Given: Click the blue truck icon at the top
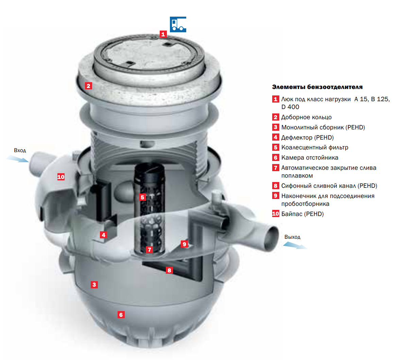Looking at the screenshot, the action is pos(178,24).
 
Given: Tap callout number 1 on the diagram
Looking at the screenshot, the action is pos(163,34).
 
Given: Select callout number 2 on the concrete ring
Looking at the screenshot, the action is pos(88,86).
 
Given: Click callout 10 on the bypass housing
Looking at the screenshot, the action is pos(61,177).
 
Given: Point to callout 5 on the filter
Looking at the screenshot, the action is pos(142,197).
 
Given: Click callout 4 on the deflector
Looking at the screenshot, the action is pos(103,235).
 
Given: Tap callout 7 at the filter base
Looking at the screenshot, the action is pos(149,249).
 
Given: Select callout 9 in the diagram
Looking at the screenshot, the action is pos(185,244).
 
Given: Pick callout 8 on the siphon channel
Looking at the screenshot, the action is pos(169,270).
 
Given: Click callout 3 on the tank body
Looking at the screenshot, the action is pos(94,285).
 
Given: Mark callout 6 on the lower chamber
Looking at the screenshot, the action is pos(121,314).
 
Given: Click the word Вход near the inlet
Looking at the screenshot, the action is pos(20,150).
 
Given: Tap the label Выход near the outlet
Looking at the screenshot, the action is pos(292,237).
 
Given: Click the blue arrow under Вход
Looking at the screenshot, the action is pos(17,159).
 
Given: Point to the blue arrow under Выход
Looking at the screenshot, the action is pos(295,246).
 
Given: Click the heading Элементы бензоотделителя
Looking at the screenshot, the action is pos(317,87).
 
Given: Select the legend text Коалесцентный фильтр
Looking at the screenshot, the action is pos(315,147).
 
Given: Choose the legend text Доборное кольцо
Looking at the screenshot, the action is pos(307,117).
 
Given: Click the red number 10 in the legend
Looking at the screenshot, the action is pos(275,214).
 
